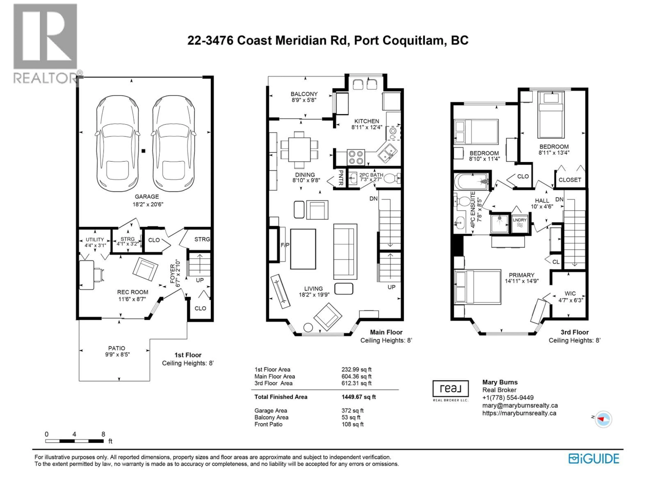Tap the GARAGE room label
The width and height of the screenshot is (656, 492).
pyautogui.click(x=147, y=197)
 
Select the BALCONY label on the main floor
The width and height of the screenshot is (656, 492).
pyautogui.click(x=304, y=94)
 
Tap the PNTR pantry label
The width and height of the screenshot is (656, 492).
pyautogui.click(x=341, y=178)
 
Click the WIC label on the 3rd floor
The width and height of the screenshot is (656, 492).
pyautogui.click(x=570, y=294)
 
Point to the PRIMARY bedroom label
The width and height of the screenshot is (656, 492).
pyautogui.click(x=522, y=275)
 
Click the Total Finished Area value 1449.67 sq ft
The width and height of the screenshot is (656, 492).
pyautogui.click(x=359, y=397)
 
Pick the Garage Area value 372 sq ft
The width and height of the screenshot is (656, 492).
pyautogui.click(x=352, y=411)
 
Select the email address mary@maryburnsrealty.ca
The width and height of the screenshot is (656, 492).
pyautogui.click(x=520, y=405)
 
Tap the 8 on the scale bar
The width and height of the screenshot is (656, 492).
pyautogui.click(x=103, y=434)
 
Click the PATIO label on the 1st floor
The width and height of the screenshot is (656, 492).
pyautogui.click(x=117, y=348)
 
